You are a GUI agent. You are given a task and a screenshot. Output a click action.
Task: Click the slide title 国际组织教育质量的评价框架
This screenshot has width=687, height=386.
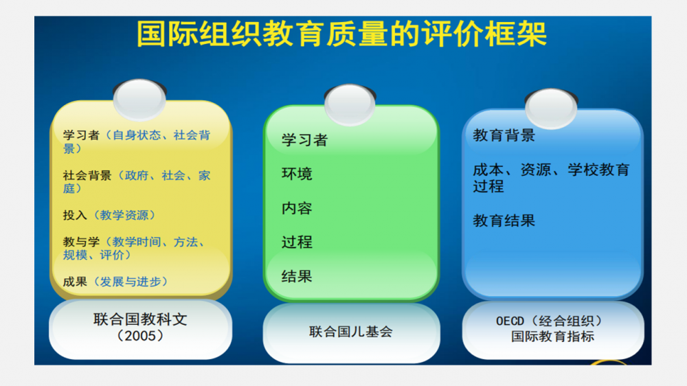(342, 34)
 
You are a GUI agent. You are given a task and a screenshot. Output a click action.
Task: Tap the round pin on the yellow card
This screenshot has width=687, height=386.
(139, 100)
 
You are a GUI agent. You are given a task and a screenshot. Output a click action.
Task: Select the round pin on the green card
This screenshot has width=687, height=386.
(350, 104)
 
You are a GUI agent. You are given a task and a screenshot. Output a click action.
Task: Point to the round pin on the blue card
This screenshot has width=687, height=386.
(551, 109)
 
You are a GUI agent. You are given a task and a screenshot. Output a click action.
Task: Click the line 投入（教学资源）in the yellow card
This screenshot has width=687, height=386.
(109, 215)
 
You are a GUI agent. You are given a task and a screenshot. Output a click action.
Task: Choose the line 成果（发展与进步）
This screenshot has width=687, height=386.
(115, 282)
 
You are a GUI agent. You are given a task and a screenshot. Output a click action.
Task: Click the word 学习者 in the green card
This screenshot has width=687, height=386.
(304, 140)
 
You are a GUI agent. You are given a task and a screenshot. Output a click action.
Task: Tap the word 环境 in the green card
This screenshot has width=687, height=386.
(297, 174)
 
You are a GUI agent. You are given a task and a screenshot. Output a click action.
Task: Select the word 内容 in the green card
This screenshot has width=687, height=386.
(297, 208)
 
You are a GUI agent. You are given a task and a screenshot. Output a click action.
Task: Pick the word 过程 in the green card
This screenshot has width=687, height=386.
(297, 242)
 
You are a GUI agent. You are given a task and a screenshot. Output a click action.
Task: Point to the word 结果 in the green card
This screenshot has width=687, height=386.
(297, 277)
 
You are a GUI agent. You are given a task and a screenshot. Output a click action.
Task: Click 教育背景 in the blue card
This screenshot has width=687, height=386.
(504, 135)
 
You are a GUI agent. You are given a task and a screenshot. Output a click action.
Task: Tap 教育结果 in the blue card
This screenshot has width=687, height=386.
(504, 220)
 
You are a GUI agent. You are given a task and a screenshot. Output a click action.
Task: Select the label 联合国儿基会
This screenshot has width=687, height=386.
(350, 332)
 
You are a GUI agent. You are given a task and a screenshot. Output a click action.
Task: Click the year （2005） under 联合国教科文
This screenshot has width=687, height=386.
(140, 336)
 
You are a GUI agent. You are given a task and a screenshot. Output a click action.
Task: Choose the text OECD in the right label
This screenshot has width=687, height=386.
(510, 321)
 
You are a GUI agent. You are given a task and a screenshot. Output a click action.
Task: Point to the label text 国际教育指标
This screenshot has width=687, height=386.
(552, 337)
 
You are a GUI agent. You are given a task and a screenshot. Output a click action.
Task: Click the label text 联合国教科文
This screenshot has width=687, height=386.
(140, 319)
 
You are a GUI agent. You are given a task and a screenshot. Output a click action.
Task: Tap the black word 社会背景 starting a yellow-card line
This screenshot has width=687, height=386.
(87, 176)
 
